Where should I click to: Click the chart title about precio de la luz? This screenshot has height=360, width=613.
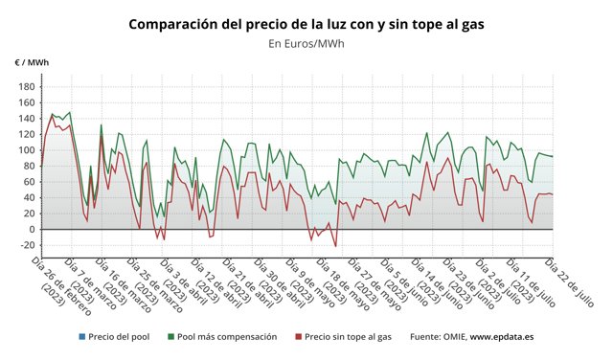[x=306, y=23]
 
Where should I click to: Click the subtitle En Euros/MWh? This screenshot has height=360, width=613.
[x=306, y=43]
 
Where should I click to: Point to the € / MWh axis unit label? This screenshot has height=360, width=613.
[x=32, y=62]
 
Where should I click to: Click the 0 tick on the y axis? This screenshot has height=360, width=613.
[x=29, y=230]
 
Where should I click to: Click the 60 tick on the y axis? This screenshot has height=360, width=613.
[x=26, y=182]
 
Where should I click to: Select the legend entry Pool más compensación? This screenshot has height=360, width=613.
[x=227, y=337]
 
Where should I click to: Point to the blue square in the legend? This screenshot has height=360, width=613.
[x=83, y=337]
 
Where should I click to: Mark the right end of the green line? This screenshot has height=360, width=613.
[x=553, y=156]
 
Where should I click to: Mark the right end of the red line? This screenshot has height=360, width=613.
[x=553, y=194]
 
